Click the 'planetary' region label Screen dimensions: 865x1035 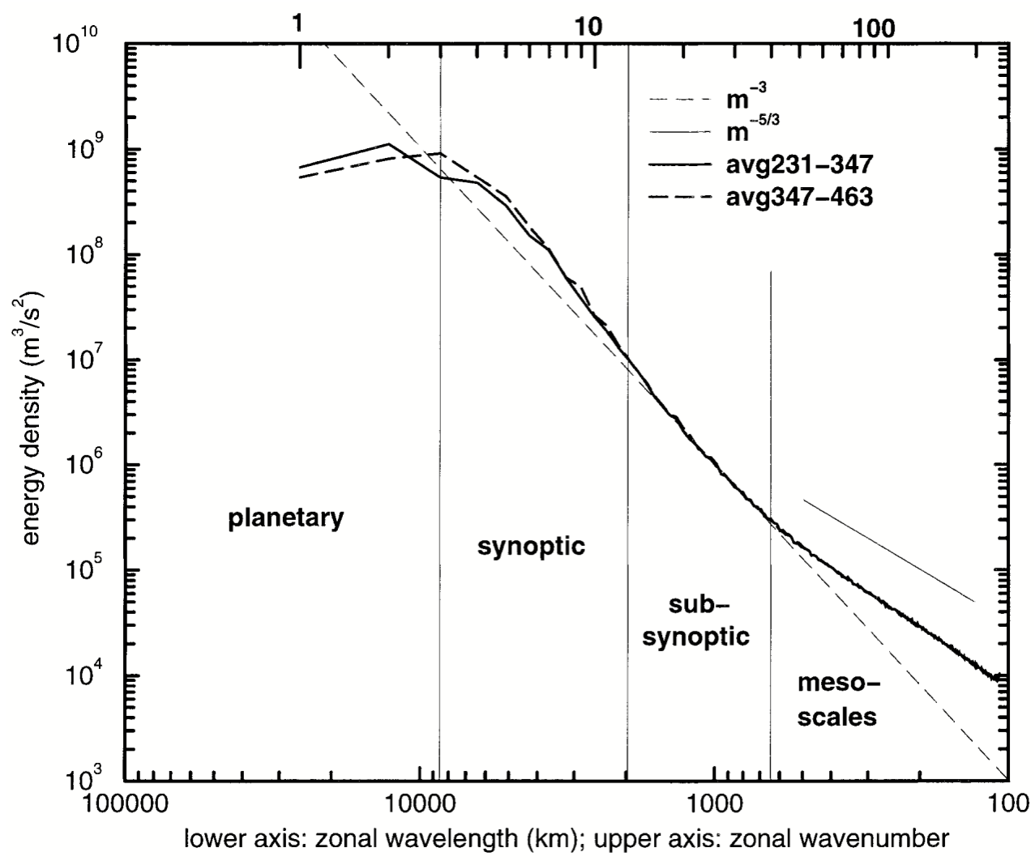pyautogui.click(x=285, y=518)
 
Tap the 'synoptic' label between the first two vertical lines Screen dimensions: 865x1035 pyautogui.click(x=531, y=545)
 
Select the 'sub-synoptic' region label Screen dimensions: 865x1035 pyautogui.click(x=696, y=620)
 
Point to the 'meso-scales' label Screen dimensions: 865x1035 pyautogui.click(x=837, y=701)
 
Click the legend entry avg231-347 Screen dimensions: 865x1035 pyautogui.click(x=798, y=165)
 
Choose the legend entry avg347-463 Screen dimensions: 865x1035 pyautogui.click(x=798, y=197)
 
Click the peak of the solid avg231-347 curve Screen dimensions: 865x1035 pyautogui.click(x=389, y=145)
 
